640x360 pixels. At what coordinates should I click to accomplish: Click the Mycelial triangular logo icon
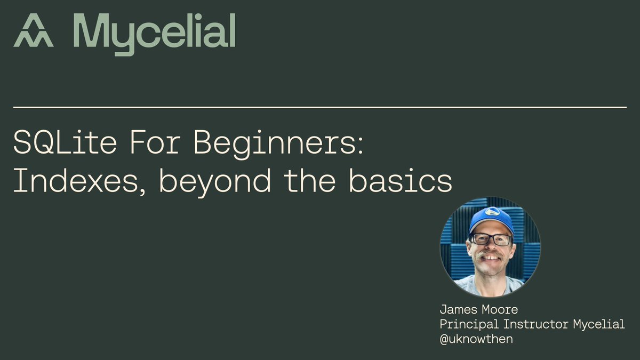pyautogui.click(x=33, y=31)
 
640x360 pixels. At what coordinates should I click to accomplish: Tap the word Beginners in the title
pyautogui.click(x=277, y=143)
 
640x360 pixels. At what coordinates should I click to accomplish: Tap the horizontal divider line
pyautogui.click(x=320, y=107)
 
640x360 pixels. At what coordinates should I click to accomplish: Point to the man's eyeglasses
pyautogui.click(x=490, y=239)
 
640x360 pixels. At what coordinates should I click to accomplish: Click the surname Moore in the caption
pyautogui.click(x=502, y=309)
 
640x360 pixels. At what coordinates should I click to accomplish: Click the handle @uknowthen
pyautogui.click(x=476, y=339)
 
